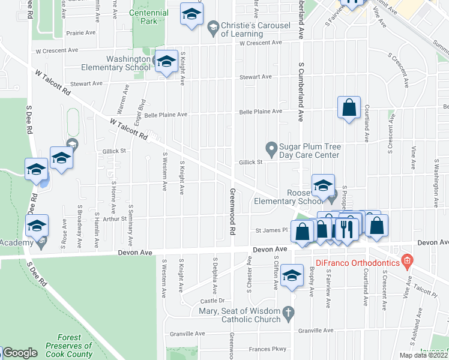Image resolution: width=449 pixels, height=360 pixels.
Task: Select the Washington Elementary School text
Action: pyautogui.click(x=120, y=63)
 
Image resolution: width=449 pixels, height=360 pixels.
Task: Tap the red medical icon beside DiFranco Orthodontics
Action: pyautogui.click(x=408, y=260)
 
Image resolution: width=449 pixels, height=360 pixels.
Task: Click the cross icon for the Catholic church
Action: pyautogui.click(x=288, y=312)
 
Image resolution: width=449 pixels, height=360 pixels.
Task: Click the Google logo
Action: pyautogui.click(x=20, y=353)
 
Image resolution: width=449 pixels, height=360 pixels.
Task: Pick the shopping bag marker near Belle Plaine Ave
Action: pyautogui.click(x=349, y=108)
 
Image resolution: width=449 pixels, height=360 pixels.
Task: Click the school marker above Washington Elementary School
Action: pyautogui.click(x=192, y=15)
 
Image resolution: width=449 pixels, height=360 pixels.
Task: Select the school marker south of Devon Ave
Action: pyautogui.click(x=292, y=275)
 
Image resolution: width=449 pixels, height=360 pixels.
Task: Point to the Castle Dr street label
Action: pyautogui.click(x=212, y=301)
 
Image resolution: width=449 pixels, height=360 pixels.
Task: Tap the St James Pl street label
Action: pyautogui.click(x=268, y=230)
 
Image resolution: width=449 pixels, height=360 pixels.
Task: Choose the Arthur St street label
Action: pyautogui.click(x=114, y=219)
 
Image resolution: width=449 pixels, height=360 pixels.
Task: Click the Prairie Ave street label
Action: pyautogui.click(x=82, y=32)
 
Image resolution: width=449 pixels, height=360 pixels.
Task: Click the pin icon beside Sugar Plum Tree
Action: pyautogui.click(x=271, y=147)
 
